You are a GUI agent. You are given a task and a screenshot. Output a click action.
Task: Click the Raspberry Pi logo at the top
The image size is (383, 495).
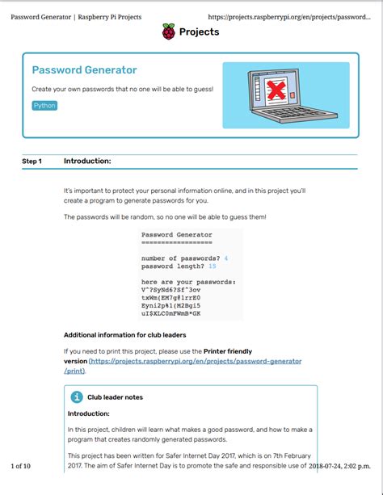[169, 32]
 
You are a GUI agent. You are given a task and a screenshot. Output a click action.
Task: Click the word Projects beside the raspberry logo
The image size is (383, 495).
[199, 32]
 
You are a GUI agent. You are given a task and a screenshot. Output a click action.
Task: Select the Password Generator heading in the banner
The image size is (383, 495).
[84, 70]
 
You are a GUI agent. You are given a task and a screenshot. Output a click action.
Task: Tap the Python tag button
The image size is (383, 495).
[44, 106]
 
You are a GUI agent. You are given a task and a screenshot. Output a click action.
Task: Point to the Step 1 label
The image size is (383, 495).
[32, 162]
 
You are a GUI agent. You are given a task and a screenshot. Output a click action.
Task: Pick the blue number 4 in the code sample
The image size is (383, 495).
[226, 258]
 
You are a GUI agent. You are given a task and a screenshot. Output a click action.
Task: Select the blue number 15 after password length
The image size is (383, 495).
[212, 266]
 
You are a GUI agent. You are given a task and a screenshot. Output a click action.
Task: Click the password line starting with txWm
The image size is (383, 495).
[170, 297]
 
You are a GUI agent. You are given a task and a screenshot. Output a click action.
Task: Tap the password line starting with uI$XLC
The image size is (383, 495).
[170, 313]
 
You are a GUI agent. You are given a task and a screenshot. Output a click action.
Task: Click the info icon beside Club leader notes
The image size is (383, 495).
[77, 396]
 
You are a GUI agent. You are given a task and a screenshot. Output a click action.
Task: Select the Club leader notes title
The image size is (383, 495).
[116, 397]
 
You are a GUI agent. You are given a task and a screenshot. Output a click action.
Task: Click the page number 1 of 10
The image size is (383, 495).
[20, 466]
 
